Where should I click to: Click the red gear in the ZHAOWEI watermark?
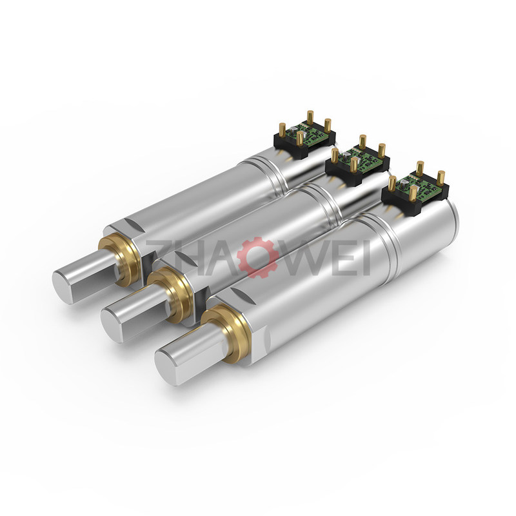(257, 257)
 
